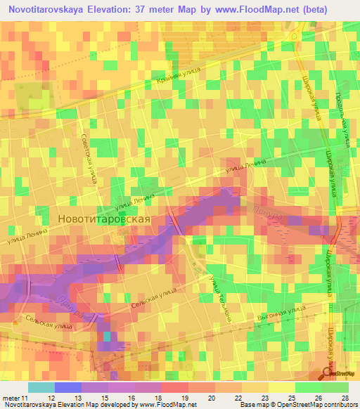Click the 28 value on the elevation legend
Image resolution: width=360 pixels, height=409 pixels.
pos(344,399)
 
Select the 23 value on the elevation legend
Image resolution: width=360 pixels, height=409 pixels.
pos(255,399)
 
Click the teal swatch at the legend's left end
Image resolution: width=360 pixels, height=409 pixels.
pos(41,387)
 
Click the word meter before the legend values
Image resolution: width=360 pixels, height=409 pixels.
pos(11,399)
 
